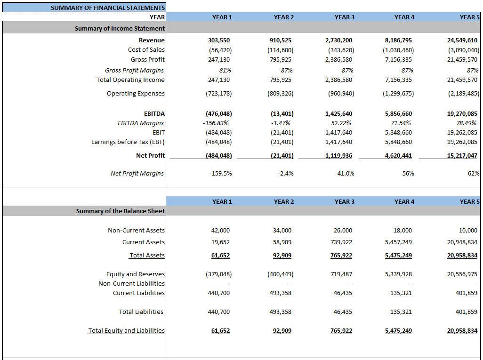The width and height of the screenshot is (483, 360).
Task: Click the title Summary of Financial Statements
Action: tap(107, 8)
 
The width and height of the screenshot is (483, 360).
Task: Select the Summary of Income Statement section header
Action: tap(120, 29)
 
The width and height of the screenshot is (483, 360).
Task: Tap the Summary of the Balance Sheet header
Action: tap(121, 211)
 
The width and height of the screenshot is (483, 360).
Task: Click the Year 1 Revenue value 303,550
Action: tap(219, 40)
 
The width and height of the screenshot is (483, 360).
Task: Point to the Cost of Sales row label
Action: tap(146, 50)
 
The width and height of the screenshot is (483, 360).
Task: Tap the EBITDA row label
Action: tap(154, 114)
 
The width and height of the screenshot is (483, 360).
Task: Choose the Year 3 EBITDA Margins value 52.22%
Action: tap(342, 123)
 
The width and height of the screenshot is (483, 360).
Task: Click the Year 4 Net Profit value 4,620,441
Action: tap(398, 156)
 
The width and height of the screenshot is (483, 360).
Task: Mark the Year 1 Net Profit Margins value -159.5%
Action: tap(220, 174)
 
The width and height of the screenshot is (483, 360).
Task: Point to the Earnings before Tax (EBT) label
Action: tap(128, 142)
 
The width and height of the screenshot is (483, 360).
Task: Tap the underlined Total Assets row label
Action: tap(147, 256)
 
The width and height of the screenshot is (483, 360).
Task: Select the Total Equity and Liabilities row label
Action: tap(126, 331)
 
